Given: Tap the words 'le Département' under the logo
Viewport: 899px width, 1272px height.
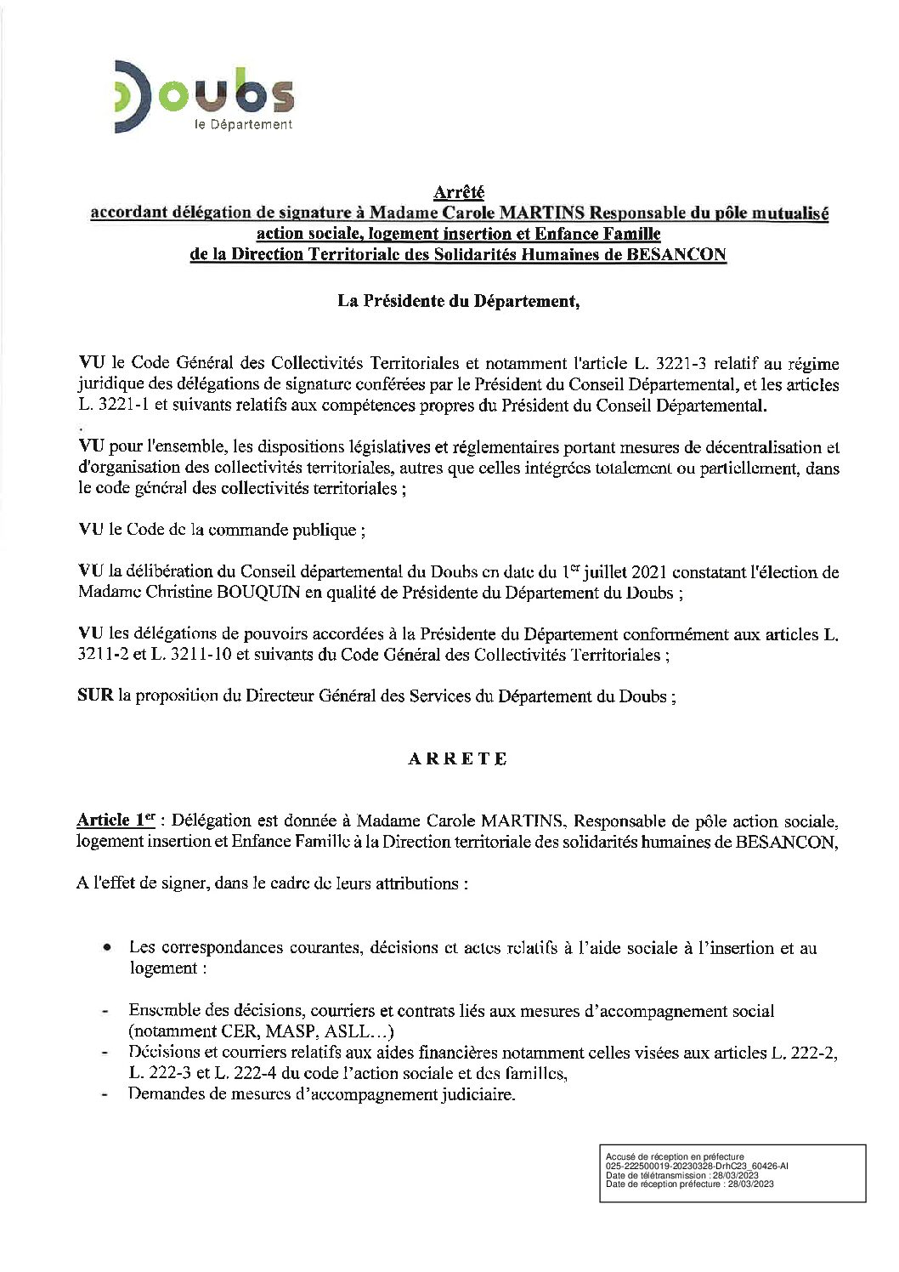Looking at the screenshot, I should [243, 124].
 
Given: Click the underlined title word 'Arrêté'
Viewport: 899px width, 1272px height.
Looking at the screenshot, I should [459, 193].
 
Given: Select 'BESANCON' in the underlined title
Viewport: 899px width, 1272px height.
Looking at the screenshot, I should [676, 254].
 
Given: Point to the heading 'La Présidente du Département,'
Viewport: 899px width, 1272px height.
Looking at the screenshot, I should [459, 301].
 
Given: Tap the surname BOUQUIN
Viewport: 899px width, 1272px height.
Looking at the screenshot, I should [257, 593].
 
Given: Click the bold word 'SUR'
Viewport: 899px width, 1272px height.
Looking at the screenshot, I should [95, 696].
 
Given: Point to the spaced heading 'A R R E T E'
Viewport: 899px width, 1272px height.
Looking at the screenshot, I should [458, 759].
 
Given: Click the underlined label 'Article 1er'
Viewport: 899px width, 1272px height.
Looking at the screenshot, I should [116, 821].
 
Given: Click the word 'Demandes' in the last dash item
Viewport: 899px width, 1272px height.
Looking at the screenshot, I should [164, 1093].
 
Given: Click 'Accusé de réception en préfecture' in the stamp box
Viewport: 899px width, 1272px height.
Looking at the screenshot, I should [675, 1157].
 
